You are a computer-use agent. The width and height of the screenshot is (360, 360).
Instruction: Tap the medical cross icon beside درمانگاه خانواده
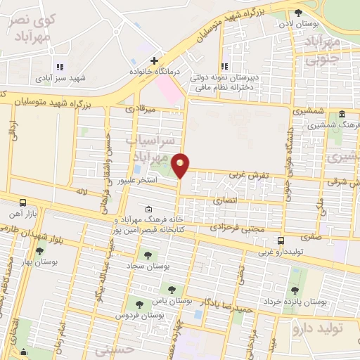click(154, 60)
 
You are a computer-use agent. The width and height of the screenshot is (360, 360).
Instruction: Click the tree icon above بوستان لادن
click(299, 12)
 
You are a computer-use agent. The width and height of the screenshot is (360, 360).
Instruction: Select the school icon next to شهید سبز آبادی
click(59, 67)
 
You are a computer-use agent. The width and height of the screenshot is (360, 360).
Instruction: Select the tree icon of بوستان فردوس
click(139, 304)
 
